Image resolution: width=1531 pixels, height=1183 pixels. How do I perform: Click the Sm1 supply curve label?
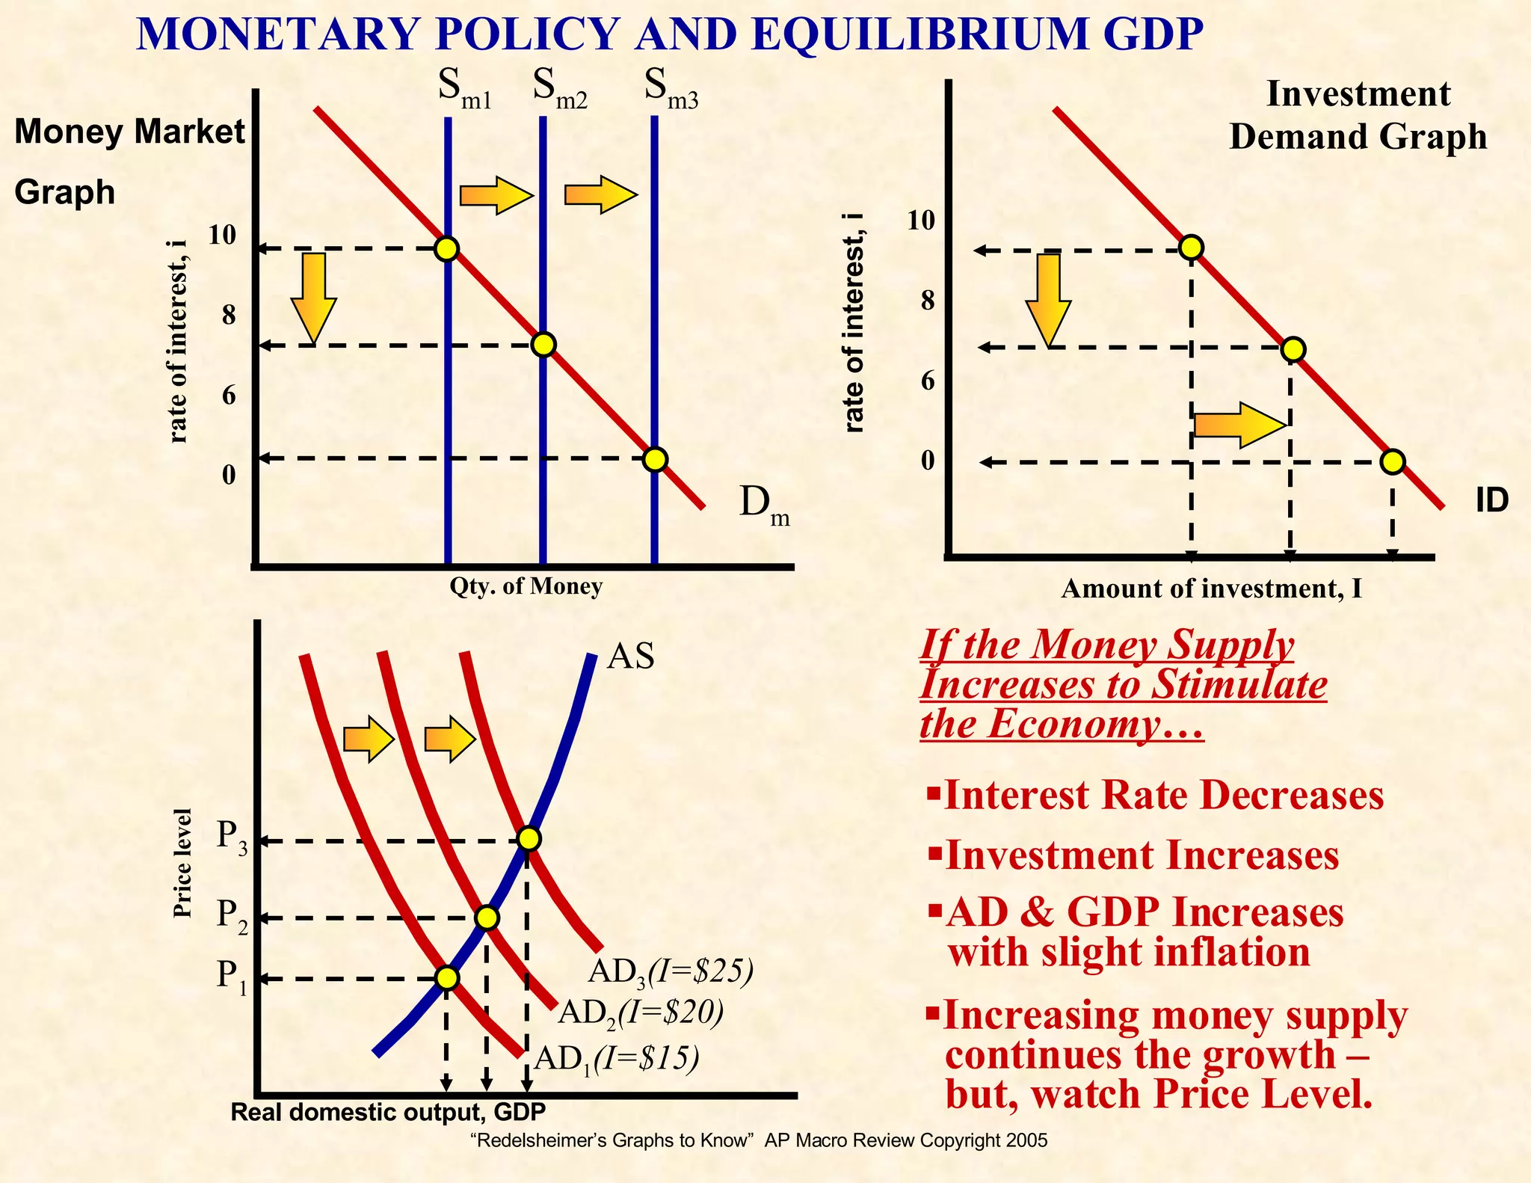click(464, 90)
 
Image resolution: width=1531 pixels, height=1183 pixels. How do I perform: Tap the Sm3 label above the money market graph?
click(671, 90)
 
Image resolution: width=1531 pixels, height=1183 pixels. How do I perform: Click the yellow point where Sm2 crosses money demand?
click(543, 344)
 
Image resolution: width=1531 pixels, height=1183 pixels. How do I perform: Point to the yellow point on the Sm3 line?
click(655, 458)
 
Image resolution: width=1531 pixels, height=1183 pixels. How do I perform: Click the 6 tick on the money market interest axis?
click(229, 395)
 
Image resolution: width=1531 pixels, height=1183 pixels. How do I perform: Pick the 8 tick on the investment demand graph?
click(928, 301)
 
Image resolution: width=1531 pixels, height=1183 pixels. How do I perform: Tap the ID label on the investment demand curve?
click(1491, 500)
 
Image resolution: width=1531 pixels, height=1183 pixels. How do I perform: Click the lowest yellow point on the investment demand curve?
click(1392, 462)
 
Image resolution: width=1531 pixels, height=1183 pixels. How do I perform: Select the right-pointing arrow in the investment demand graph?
click(1239, 425)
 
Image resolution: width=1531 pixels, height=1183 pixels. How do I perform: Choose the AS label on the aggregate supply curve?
click(630, 657)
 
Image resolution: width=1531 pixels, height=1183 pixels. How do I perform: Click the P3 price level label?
click(231, 838)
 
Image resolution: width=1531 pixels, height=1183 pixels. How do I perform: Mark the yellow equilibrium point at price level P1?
click(446, 977)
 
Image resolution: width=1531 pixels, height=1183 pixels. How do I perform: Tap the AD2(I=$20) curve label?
click(641, 1013)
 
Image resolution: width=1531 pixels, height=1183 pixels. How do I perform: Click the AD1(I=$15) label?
click(617, 1060)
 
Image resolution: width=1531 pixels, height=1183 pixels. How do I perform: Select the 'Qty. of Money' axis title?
click(526, 587)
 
